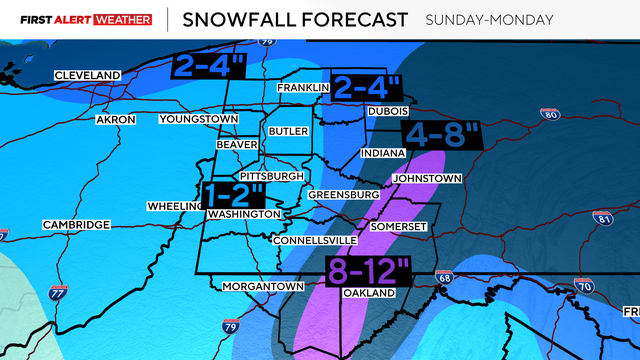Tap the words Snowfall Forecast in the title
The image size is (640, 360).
[294, 19]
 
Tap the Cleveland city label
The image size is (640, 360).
[87, 75]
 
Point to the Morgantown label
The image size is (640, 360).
[263, 287]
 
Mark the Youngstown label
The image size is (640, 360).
[199, 120]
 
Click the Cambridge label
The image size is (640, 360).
[76, 226]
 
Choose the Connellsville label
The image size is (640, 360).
[315, 241]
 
